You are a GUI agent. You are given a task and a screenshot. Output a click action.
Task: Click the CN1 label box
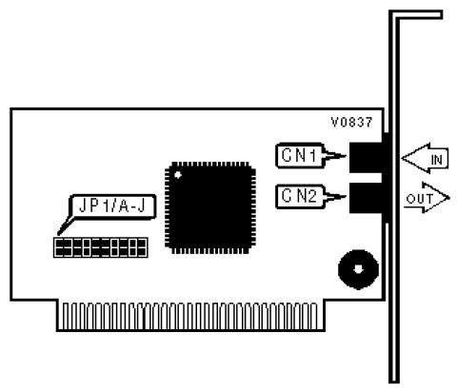pos(300,155)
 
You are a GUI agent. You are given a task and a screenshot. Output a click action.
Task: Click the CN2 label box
pos(300,197)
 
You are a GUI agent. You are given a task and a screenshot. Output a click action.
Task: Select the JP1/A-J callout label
pos(113,206)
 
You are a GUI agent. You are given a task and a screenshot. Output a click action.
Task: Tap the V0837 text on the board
pos(351,123)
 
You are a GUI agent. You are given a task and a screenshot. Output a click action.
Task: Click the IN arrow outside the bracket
pos(425,158)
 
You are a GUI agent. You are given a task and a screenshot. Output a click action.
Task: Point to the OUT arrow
pos(427,198)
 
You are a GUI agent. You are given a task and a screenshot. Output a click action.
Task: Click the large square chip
pos(210,207)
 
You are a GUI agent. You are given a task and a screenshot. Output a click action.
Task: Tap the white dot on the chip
pos(178,175)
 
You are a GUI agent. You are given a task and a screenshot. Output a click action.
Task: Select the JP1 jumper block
pos(101,247)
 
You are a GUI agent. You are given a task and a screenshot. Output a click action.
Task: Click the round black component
pos(358,269)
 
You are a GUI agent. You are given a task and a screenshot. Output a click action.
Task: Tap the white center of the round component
pos(358,269)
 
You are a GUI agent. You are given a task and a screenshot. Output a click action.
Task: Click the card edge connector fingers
pos(190,316)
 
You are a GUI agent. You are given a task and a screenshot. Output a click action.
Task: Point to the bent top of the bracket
pos(416,14)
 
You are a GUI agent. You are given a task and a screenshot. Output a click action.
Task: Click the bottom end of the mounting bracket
pos(394,382)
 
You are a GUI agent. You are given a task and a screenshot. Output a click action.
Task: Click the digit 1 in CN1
pos(312,155)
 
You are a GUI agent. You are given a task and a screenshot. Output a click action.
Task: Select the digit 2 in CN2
pos(311,196)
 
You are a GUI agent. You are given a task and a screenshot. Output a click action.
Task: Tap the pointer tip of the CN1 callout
pos(346,156)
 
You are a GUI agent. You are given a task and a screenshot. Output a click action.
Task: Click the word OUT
pos(420,199)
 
